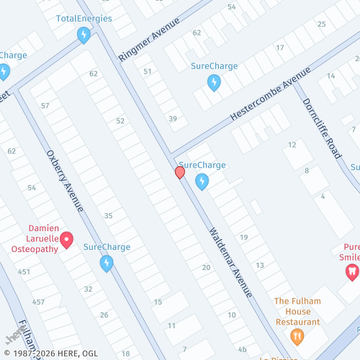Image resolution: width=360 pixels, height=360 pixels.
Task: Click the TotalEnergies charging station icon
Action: [84, 34]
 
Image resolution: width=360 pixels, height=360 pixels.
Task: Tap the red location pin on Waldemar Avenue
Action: [180, 173]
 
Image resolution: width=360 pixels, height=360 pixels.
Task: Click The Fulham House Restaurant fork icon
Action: [296, 336]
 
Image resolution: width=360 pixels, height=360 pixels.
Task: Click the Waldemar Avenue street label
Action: [230, 263]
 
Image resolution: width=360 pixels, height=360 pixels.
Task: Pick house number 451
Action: [24, 271]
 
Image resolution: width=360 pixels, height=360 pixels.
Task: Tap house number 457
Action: [38, 302]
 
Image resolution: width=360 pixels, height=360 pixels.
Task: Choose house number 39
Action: [173, 119]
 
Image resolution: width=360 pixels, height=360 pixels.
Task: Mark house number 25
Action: [321, 24]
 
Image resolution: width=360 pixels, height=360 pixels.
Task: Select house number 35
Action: [109, 216]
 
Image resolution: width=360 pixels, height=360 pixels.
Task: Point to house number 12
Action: [292, 145]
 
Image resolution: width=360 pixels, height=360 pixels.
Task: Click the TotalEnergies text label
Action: [84, 17]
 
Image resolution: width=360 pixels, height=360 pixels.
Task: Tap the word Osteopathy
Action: [35, 248]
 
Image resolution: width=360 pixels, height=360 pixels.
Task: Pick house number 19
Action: [244, 238]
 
